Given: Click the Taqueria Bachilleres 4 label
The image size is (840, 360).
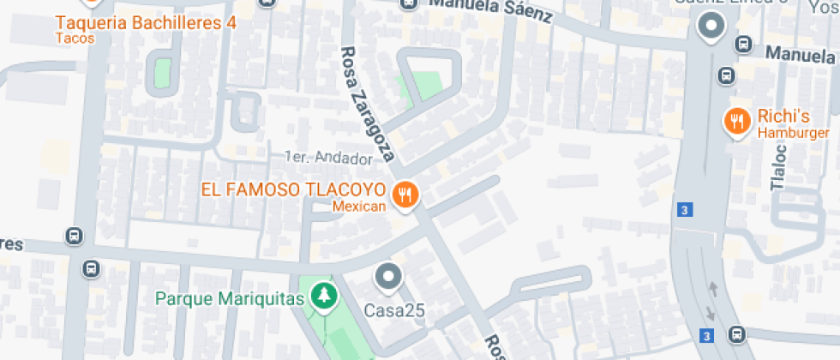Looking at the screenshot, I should point(146,22).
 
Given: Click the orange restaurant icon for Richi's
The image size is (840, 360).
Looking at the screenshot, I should point(736,123).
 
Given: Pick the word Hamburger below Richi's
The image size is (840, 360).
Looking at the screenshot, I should point(793,133).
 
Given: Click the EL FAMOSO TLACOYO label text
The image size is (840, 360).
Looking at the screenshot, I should point(293,189).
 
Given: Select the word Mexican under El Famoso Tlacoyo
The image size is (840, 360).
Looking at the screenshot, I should point(359,206).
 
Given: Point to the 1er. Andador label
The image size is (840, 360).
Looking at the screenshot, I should point(329,159).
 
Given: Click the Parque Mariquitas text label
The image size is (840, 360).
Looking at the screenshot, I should point(230,299).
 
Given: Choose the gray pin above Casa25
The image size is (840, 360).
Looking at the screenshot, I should point(389,277).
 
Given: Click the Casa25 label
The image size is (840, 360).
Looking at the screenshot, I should point(395,309).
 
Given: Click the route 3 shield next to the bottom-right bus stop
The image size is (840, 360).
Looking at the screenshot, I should point(706,334).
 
